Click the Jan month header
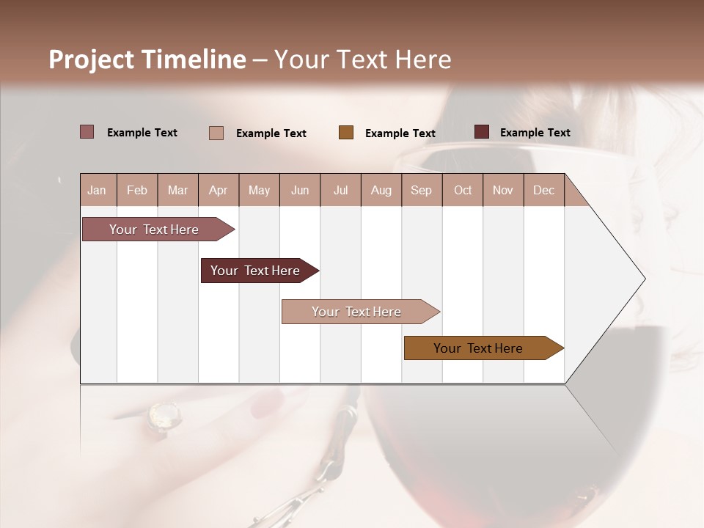click(97, 191)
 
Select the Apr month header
click(219, 191)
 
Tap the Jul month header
click(340, 191)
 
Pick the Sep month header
click(421, 191)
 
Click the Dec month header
click(543, 191)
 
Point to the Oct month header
click(463, 191)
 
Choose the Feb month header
click(137, 191)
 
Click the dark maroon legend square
click(482, 132)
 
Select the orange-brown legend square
click(346, 133)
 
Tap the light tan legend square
click(216, 133)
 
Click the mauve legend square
click(87, 132)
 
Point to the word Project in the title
click(91, 59)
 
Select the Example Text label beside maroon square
click(535, 133)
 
